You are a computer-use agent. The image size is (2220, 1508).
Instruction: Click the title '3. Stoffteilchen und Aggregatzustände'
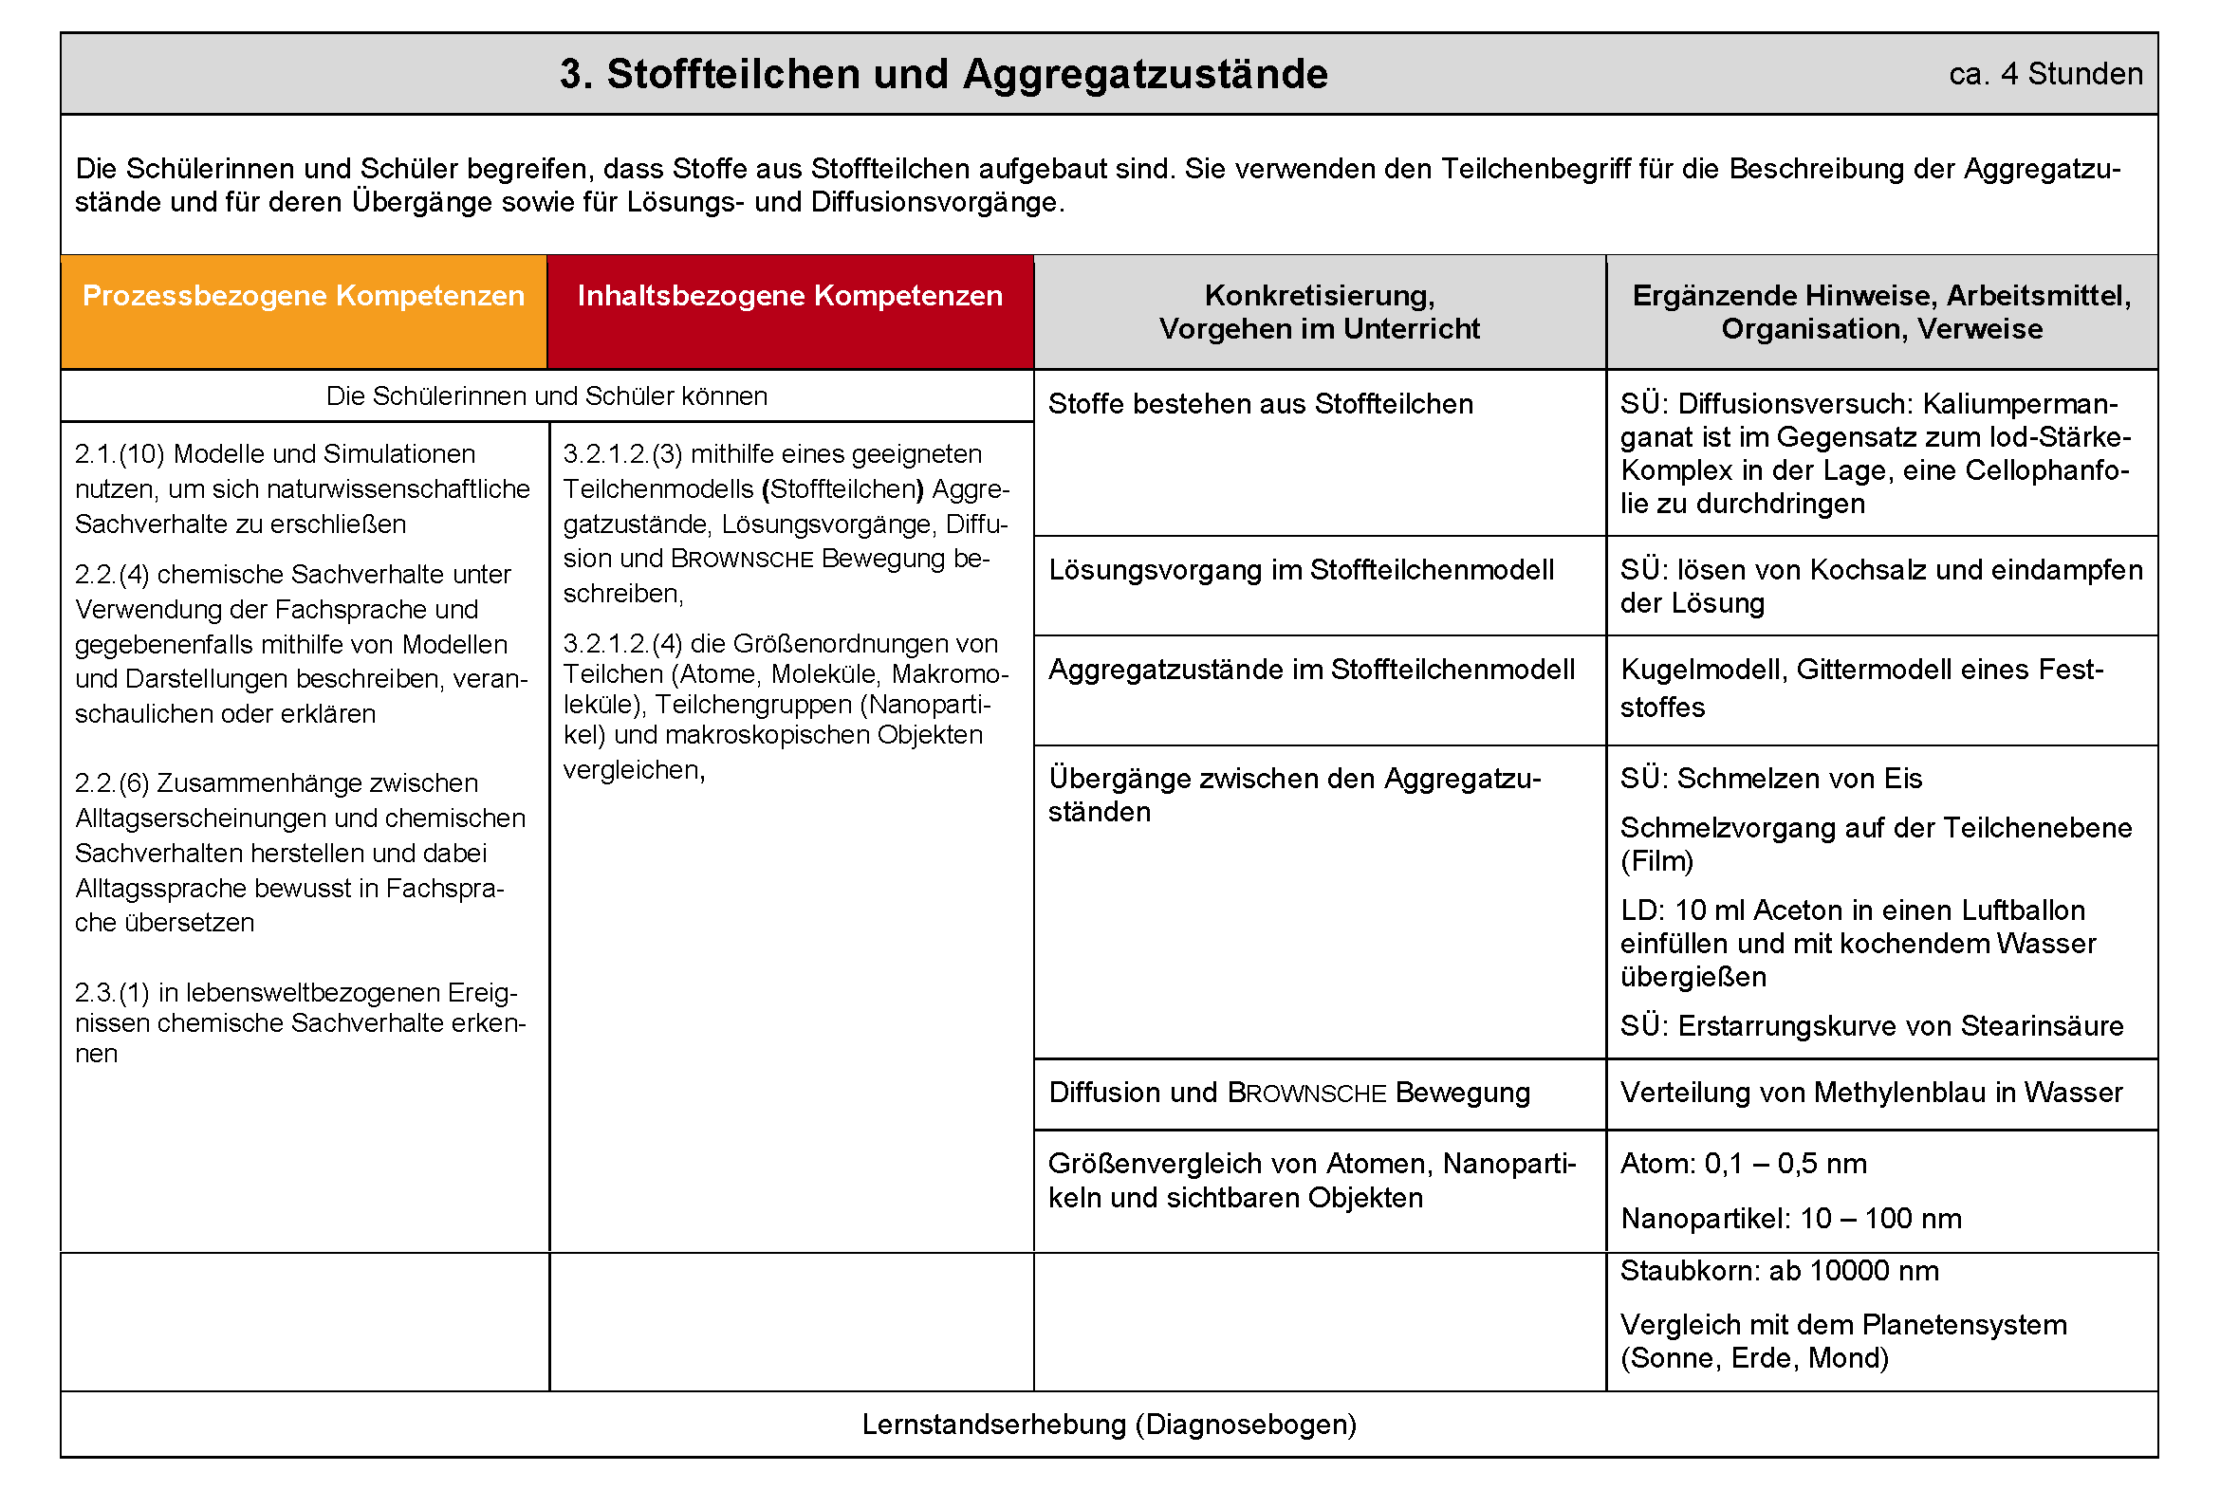click(x=943, y=75)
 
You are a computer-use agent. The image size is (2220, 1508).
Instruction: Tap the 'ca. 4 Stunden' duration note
click(x=2045, y=75)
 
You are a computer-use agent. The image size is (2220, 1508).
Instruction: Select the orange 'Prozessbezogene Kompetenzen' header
click(x=303, y=296)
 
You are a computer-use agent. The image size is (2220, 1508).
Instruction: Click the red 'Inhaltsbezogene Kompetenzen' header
click(x=790, y=296)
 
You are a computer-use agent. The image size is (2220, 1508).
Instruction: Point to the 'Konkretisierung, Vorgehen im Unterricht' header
click(x=1320, y=312)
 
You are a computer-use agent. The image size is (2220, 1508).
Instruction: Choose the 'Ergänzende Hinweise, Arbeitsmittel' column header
click(x=1881, y=297)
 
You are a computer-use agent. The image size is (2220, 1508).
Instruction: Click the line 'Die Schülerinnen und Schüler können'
click(x=546, y=396)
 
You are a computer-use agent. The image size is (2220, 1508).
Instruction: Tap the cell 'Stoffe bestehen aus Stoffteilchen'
click(x=1260, y=404)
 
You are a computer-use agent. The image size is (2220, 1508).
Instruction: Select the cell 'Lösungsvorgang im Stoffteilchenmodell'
click(x=1301, y=570)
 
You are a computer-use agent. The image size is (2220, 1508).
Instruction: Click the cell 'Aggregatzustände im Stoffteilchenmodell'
click(x=1310, y=670)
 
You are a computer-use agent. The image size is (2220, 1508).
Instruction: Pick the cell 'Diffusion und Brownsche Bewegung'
click(x=1288, y=1093)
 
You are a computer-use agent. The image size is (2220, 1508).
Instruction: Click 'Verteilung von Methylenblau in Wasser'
click(x=1870, y=1093)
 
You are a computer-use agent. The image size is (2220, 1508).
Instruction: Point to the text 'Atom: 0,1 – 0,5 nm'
click(x=1744, y=1164)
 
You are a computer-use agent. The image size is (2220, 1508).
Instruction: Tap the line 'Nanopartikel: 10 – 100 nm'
click(x=1790, y=1219)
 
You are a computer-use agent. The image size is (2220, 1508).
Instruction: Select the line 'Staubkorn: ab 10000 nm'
click(x=1779, y=1271)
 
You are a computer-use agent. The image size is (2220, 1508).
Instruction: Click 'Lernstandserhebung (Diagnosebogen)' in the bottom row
click(x=1109, y=1425)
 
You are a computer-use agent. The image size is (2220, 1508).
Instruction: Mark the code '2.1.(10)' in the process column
click(x=120, y=454)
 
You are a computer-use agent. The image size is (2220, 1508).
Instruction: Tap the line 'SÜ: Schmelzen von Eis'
click(x=1770, y=780)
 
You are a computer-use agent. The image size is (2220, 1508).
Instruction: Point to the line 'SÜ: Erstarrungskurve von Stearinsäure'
click(x=1871, y=1026)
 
